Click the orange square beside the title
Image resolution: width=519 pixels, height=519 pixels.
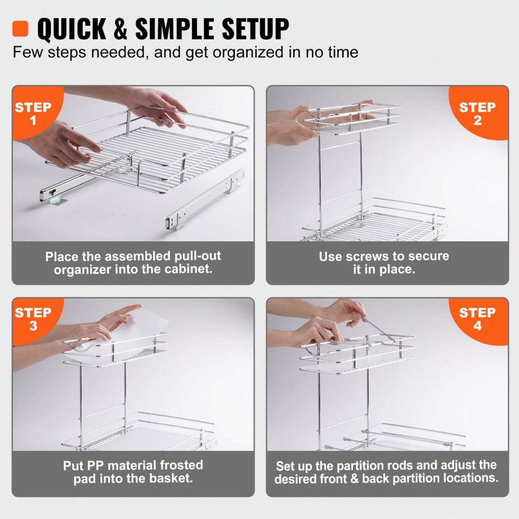click(x=21, y=29)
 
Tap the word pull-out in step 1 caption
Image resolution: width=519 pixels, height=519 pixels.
click(x=195, y=256)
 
